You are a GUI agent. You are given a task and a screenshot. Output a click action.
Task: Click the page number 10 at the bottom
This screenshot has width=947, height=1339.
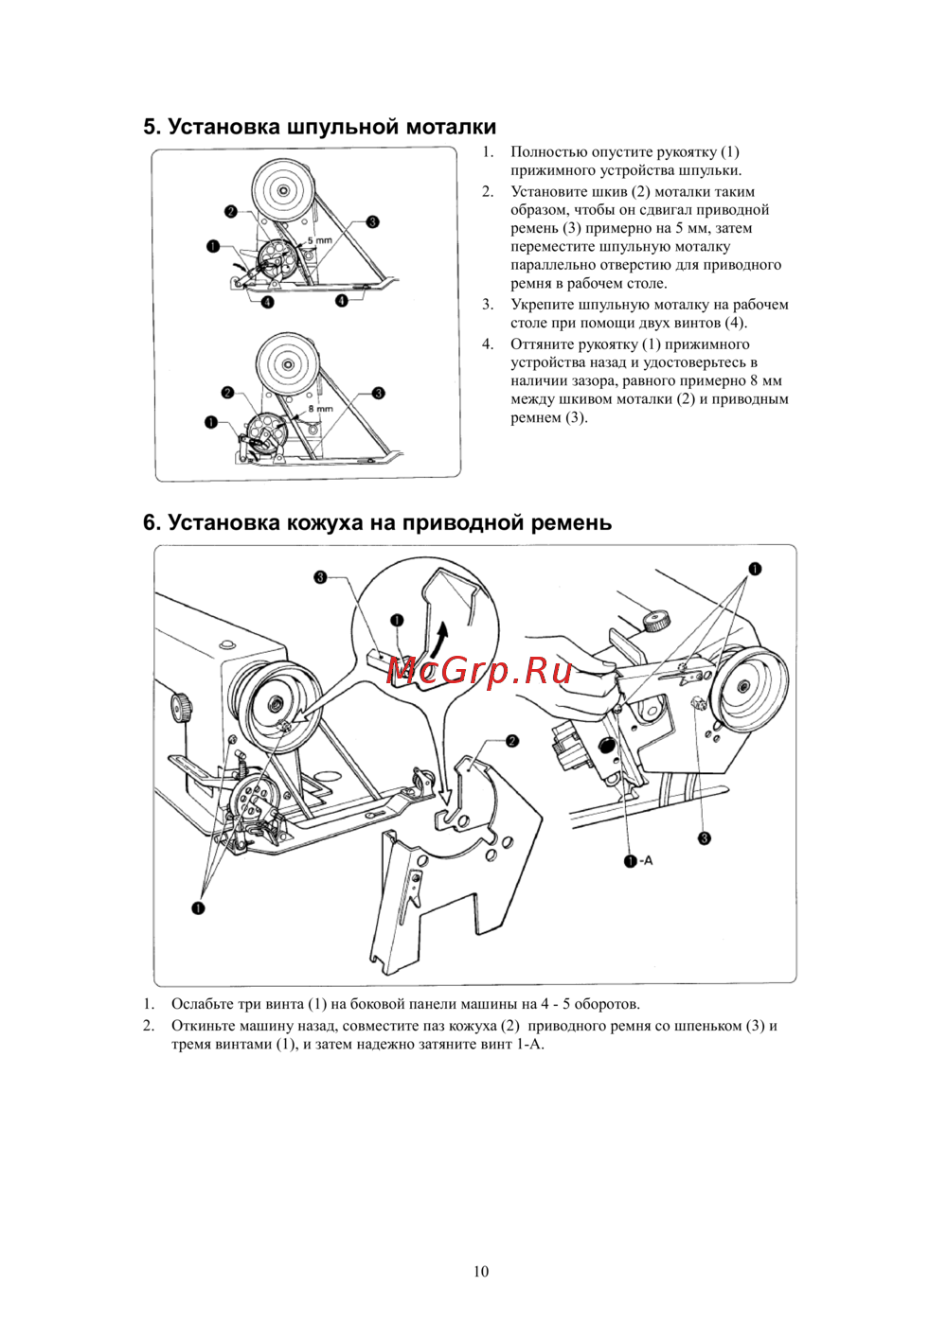481,1271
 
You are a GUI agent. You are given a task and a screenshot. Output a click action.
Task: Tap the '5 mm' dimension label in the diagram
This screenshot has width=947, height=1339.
319,241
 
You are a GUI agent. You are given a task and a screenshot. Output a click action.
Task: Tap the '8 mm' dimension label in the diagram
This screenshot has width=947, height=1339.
320,409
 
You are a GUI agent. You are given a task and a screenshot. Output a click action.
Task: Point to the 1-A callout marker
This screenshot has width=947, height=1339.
638,860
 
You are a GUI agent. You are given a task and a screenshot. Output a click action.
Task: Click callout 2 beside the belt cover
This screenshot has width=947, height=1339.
511,741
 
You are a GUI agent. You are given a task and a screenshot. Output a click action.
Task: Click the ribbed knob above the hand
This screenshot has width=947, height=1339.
656,620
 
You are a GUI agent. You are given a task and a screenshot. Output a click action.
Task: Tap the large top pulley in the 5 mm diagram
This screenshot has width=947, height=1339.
282,189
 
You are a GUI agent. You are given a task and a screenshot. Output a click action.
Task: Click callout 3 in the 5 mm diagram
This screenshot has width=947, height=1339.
372,221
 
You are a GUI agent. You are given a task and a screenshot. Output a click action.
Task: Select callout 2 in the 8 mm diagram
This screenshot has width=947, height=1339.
227,393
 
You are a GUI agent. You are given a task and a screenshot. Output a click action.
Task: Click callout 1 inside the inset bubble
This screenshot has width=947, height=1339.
397,621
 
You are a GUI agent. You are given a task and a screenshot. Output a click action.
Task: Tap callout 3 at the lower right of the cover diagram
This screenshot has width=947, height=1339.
704,837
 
